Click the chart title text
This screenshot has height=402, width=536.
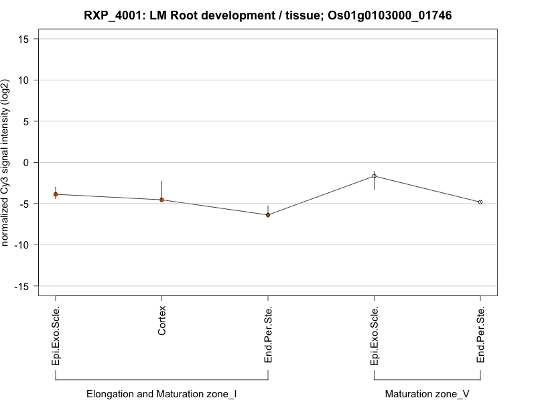267,15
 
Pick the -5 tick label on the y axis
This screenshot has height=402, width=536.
27,204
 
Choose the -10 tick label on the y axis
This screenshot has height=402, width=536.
25,245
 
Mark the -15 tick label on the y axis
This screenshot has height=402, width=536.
25,286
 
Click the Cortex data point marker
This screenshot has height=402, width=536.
161,200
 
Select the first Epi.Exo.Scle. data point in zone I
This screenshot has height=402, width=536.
56,194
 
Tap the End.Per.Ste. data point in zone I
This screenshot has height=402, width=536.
268,215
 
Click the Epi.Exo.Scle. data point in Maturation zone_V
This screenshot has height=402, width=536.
374,176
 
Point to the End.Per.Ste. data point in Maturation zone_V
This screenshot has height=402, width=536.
480,202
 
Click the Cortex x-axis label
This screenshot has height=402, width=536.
162,321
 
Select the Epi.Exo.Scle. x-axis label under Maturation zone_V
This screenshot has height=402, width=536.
375,336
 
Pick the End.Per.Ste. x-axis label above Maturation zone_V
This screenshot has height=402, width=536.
481,335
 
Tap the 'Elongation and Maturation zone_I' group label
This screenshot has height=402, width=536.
161,394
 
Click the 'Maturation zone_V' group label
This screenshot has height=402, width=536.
427,394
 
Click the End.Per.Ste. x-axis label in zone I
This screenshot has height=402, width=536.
269,335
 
